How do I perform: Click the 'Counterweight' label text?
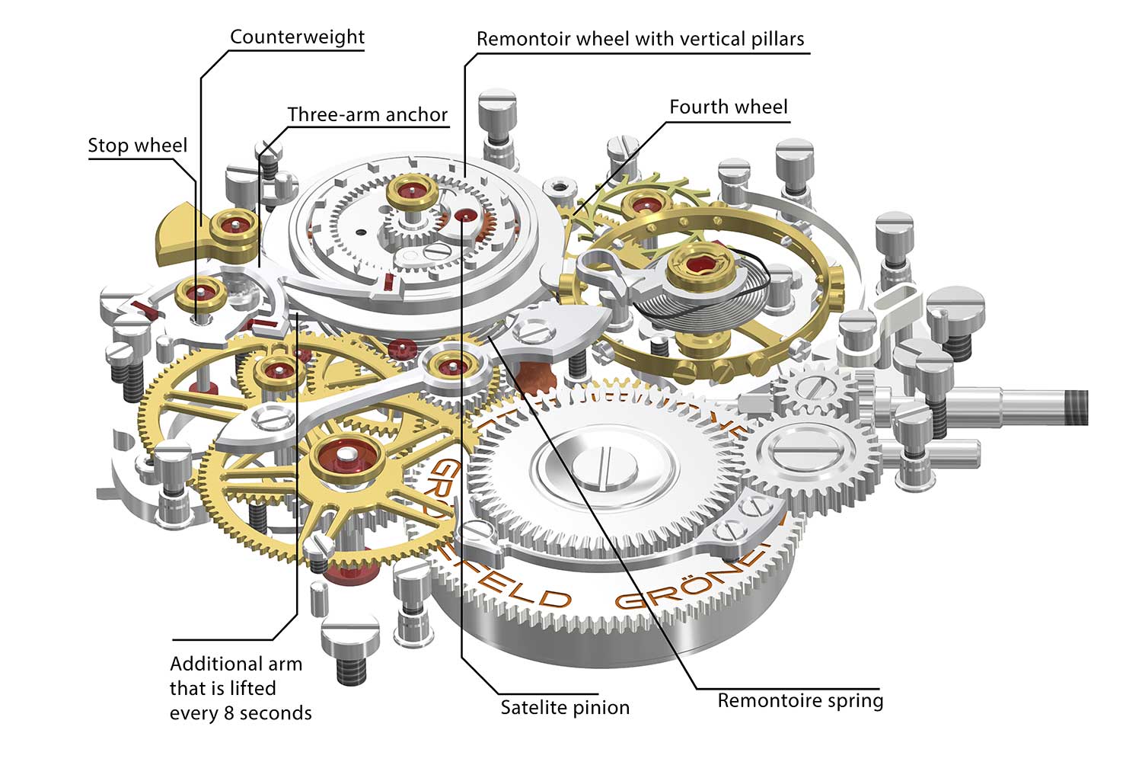297,37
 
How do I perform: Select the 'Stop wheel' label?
137,146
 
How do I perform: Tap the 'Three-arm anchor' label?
367,115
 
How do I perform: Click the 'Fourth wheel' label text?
728,107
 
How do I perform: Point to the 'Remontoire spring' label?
800,701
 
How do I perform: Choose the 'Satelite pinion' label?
565,708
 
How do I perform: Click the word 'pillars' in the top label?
770,40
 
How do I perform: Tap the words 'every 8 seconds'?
241,714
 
